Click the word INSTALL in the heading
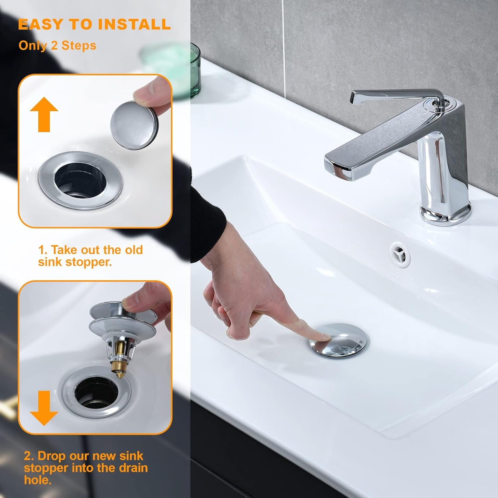134,24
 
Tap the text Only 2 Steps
57,45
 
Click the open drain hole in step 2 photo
96,390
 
